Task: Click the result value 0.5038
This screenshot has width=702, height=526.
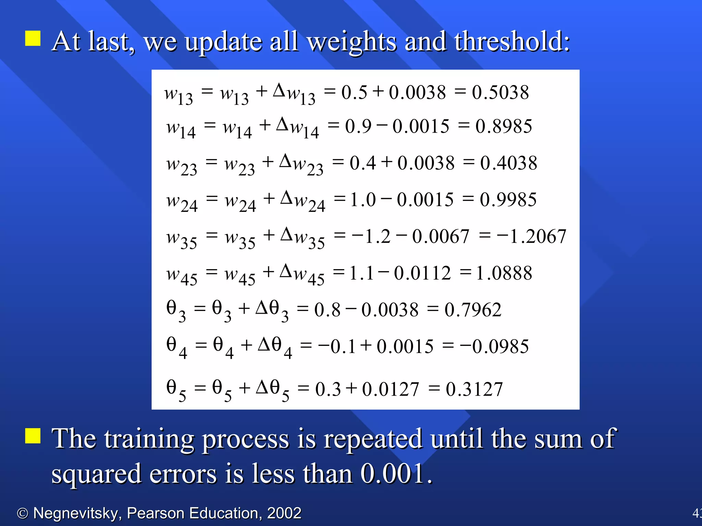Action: tap(500, 92)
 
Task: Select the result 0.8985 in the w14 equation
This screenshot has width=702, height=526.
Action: tap(504, 126)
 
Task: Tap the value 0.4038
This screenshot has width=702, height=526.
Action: tap(508, 163)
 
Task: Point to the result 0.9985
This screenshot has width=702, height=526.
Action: tap(508, 200)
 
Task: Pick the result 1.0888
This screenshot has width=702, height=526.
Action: tap(504, 273)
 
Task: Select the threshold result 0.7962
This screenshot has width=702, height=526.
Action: tap(473, 310)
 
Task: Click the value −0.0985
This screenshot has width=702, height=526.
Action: tap(494, 347)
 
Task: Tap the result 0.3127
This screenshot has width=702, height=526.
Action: tap(474, 389)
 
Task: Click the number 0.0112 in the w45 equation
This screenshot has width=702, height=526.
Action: tap(422, 273)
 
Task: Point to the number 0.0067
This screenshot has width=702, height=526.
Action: tap(440, 237)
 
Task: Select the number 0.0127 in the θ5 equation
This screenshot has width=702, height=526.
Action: tap(390, 389)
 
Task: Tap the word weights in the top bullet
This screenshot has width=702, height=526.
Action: tap(352, 42)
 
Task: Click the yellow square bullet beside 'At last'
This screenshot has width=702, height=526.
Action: tap(33, 38)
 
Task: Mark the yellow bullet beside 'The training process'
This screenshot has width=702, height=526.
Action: tap(33, 436)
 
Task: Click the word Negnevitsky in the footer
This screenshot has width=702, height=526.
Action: tap(76, 513)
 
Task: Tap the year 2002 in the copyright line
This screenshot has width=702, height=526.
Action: tap(284, 513)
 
